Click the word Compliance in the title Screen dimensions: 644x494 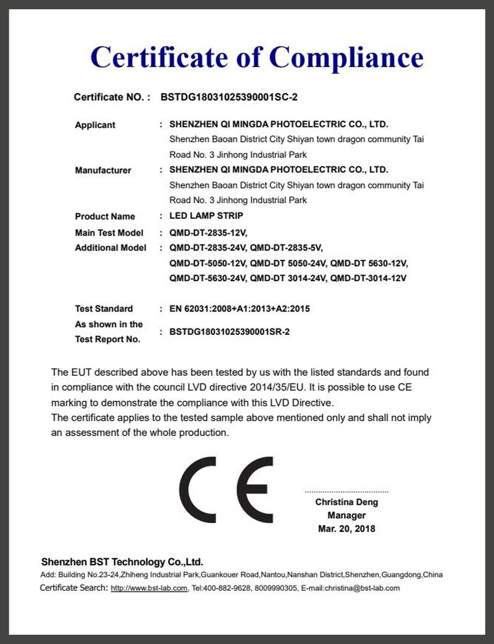pyautogui.click(x=346, y=57)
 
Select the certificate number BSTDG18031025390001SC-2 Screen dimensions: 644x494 pyautogui.click(x=229, y=97)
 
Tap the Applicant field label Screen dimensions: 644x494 pyautogui.click(x=95, y=125)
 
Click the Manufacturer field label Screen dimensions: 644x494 pyautogui.click(x=103, y=170)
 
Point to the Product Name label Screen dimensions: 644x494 pyautogui.click(x=105, y=217)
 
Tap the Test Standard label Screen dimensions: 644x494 pyautogui.click(x=104, y=308)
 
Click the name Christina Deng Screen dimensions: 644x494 pyautogui.click(x=346, y=502)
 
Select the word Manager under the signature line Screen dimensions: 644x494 pyautogui.click(x=346, y=515)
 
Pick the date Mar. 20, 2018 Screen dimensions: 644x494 pyautogui.click(x=346, y=529)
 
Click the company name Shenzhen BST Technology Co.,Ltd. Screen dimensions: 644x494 pyautogui.click(x=122, y=562)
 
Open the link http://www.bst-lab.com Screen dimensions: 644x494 pyautogui.click(x=149, y=588)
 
